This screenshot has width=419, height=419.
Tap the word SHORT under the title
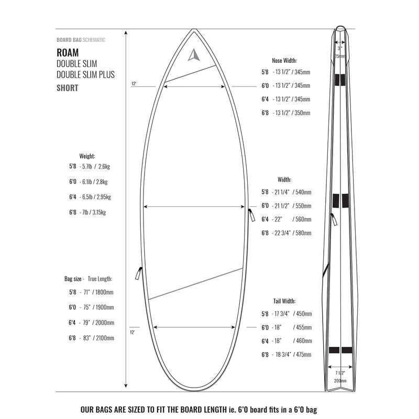tap(67, 88)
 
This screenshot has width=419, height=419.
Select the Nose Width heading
tap(284, 60)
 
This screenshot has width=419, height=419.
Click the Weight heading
tap(87, 156)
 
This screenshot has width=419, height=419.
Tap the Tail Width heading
tap(284, 301)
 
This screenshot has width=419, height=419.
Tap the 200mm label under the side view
tap(339, 381)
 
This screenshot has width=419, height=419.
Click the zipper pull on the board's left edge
tap(138, 273)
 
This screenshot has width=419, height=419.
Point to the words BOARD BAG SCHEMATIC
tap(81, 40)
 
